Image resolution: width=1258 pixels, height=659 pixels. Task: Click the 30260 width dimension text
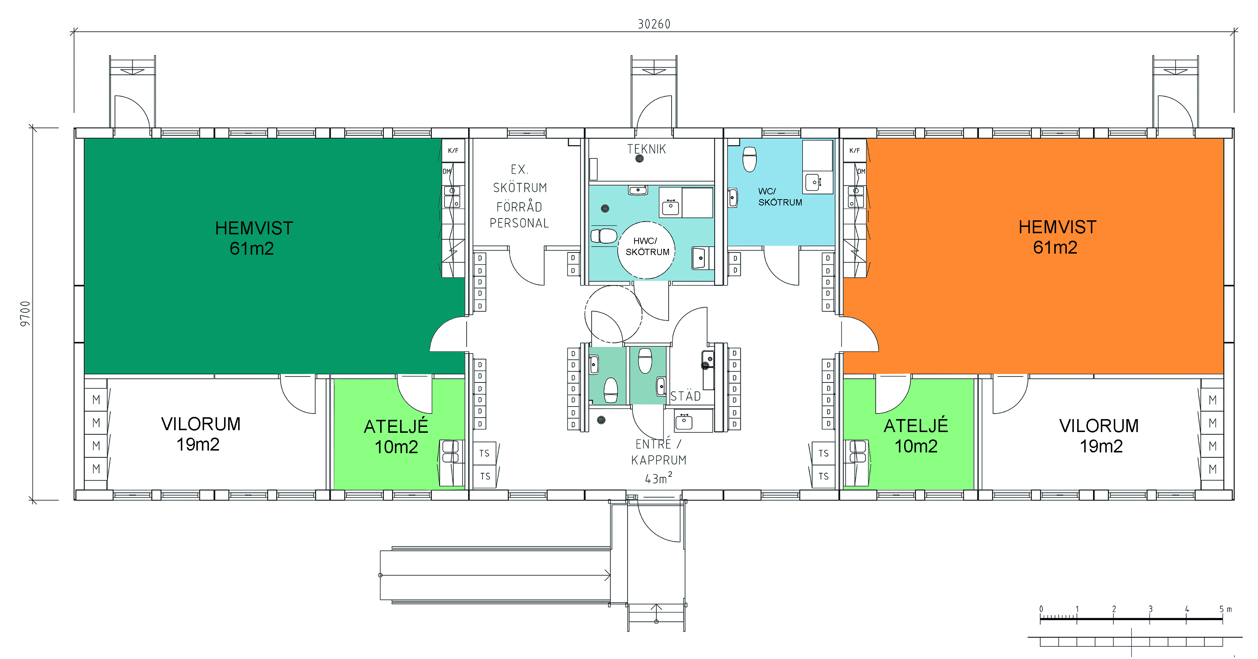tap(654, 24)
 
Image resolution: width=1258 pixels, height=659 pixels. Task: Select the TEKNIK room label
tap(647, 149)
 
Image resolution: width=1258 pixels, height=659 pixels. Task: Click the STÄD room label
tap(685, 396)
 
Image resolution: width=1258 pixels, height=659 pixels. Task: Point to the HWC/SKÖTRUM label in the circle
tap(647, 247)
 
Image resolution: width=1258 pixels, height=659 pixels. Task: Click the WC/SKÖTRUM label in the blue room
tap(780, 197)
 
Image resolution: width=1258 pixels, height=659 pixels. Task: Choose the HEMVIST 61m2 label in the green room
tap(253, 238)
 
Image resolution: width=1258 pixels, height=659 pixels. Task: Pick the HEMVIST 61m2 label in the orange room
tap(1057, 237)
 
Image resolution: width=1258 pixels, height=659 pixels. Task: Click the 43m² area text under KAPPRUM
tap(658, 478)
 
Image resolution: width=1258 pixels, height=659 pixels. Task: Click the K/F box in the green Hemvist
tap(453, 150)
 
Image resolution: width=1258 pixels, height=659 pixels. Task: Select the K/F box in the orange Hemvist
tap(855, 150)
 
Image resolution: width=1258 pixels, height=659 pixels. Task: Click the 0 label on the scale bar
tap(1041, 609)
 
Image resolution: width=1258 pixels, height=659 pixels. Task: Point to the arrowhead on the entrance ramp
tap(608, 575)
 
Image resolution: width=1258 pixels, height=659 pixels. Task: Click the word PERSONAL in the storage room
tap(519, 223)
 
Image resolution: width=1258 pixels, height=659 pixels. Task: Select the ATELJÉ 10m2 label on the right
tap(916, 436)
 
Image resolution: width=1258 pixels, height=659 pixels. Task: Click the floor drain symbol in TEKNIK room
tap(639, 158)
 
